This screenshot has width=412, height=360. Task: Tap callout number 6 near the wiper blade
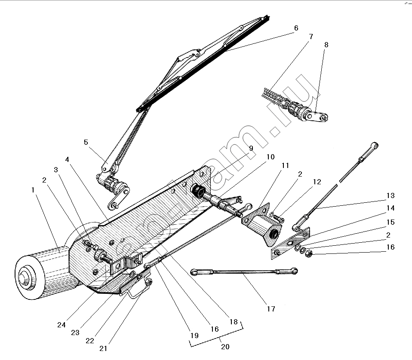point(296,28)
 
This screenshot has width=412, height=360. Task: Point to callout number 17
point(271,308)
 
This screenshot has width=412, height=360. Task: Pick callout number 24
point(61,325)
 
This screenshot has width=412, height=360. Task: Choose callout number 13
point(390,196)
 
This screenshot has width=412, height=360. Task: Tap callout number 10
point(270,157)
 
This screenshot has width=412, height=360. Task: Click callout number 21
point(103,348)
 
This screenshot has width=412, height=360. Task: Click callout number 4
point(68,159)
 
